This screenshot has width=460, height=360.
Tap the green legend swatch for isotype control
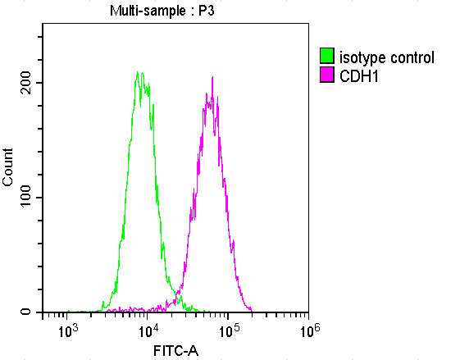coord(327,57)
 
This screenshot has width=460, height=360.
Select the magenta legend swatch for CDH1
coord(327,75)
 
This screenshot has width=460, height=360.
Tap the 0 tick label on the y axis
coord(27,312)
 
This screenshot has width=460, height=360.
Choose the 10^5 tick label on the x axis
coord(229,330)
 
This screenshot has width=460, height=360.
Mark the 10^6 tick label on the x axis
coord(309,330)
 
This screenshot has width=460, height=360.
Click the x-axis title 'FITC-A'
coord(175,351)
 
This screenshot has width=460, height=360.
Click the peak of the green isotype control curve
coord(139,73)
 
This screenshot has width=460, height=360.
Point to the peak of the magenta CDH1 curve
coord(212,78)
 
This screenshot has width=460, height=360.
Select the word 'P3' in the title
coord(205,11)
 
